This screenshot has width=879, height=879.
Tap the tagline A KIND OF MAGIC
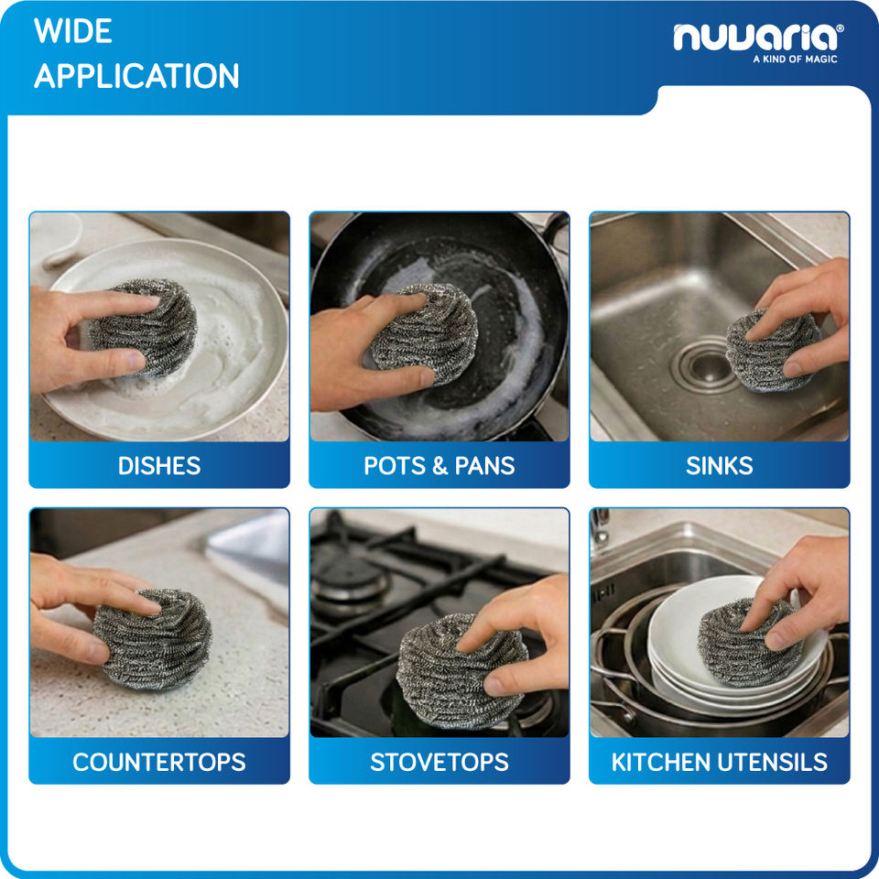tap(795, 59)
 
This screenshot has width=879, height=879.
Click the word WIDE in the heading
tap(73, 31)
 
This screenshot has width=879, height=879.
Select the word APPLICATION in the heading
tap(136, 76)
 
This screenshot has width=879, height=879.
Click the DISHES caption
tap(159, 466)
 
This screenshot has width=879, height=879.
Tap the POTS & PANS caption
tap(439, 466)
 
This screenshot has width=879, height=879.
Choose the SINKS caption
tap(720, 466)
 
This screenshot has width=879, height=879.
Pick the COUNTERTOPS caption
tap(159, 762)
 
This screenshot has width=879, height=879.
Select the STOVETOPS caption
tap(439, 762)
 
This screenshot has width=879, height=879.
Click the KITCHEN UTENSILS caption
tap(720, 762)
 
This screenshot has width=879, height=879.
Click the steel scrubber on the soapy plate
tap(143, 328)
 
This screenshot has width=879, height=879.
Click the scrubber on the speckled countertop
tap(153, 638)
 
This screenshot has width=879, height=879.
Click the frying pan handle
tap(555, 230)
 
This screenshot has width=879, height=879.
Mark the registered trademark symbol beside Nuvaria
tap(840, 27)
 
